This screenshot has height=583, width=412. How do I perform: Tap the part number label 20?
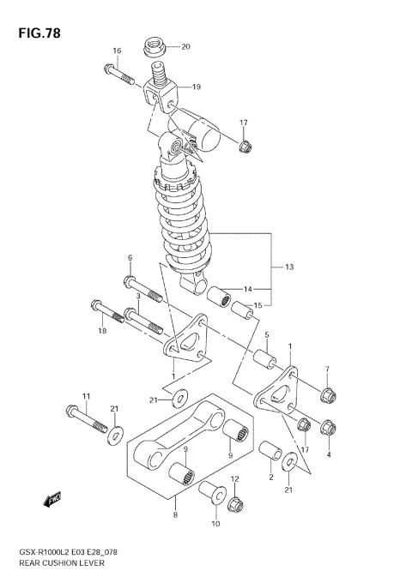coord(185,46)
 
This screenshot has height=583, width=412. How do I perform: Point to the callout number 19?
coord(196,87)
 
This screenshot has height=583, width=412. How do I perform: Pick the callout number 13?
coord(289,267)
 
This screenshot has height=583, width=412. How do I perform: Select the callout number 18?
coord(101,330)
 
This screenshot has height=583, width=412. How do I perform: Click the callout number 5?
coord(267,335)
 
